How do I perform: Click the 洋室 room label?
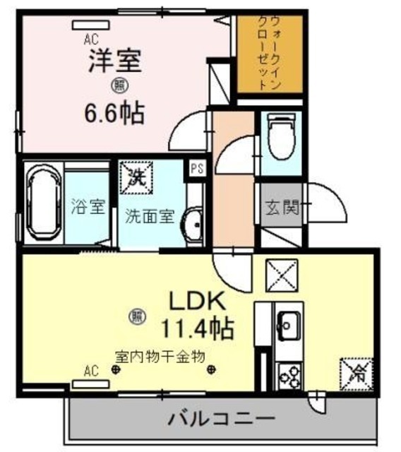[x=115, y=61]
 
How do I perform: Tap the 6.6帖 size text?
[x=115, y=112]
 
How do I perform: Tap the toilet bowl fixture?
[x=282, y=138]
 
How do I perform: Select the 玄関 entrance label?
[x=282, y=208]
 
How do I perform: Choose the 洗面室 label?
[x=148, y=217]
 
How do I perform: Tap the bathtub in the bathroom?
[x=44, y=204]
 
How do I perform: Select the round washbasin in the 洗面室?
[x=191, y=226]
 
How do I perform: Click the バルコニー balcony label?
[x=221, y=419]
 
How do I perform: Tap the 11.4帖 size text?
[x=197, y=328]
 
